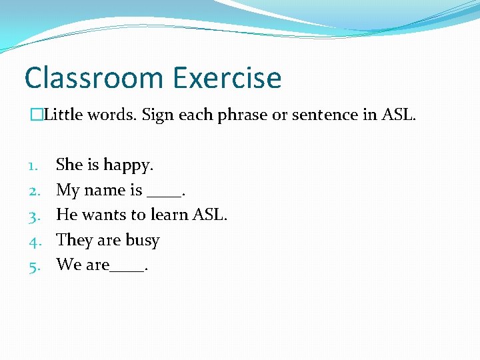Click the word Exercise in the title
tap(227, 78)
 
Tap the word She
tap(69, 165)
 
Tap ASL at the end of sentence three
tap(209, 215)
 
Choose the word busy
tap(143, 241)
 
